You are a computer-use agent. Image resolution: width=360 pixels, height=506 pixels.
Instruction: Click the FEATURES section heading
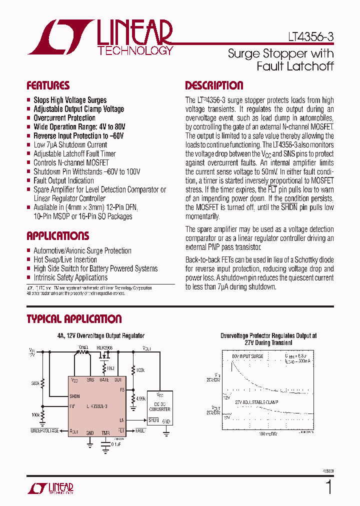click(x=48, y=85)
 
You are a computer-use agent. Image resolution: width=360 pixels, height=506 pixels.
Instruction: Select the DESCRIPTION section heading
click(x=214, y=85)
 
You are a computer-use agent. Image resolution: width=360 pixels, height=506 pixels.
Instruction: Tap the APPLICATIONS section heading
click(x=57, y=236)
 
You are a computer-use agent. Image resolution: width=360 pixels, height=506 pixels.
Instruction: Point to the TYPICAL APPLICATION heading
click(x=74, y=319)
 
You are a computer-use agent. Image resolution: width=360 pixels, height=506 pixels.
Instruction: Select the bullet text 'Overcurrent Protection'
click(x=64, y=118)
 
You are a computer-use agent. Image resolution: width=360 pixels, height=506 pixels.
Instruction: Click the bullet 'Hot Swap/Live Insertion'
click(x=65, y=259)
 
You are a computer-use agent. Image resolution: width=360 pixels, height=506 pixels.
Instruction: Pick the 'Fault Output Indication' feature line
click(x=63, y=180)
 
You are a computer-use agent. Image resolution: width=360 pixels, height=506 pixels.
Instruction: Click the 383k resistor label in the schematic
click(x=35, y=383)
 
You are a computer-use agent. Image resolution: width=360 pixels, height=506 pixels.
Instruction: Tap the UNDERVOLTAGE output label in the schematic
click(x=44, y=430)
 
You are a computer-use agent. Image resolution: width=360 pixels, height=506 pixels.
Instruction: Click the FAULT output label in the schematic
click(x=140, y=430)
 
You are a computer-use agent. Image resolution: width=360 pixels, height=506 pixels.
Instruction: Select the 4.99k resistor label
click(x=140, y=398)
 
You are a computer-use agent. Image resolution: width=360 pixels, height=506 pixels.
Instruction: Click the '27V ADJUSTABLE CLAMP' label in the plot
click(x=256, y=402)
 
